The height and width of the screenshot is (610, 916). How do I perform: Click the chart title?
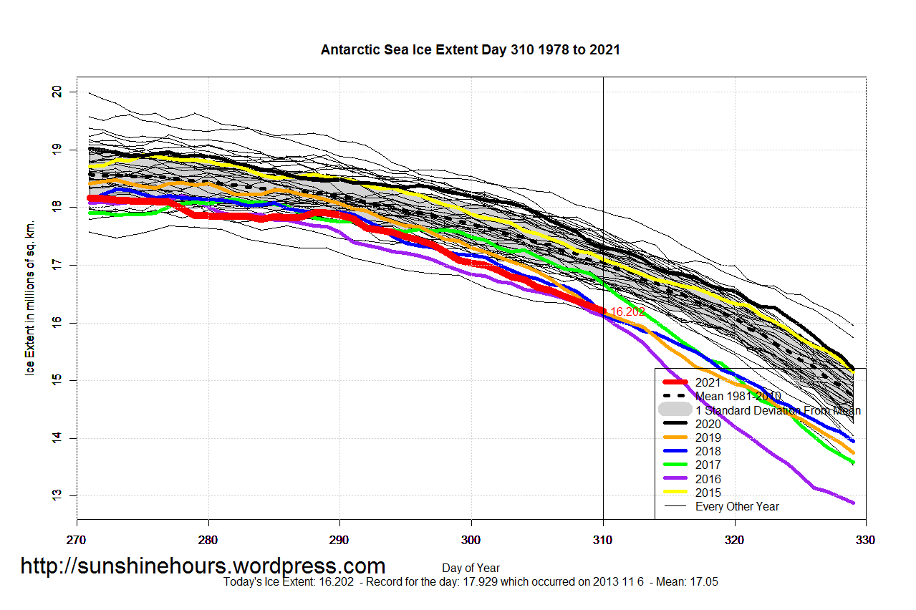[x=470, y=50]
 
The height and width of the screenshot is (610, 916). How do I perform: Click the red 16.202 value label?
[x=627, y=312]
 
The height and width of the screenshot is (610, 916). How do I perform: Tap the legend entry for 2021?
[x=708, y=382]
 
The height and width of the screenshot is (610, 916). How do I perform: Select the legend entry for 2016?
[x=708, y=479]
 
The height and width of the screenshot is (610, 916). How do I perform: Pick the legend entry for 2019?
[x=708, y=437]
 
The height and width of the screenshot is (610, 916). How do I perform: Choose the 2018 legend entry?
[x=708, y=451]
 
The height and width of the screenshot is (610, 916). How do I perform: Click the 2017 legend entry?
[x=708, y=465]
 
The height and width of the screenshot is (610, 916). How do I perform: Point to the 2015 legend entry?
[x=708, y=493]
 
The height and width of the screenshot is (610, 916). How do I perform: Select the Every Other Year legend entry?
[x=737, y=506]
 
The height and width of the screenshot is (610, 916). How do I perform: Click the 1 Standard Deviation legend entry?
[x=778, y=410]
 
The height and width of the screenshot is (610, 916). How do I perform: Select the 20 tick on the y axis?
[x=57, y=92]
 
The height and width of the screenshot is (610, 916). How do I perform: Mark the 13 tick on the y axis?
[x=57, y=495]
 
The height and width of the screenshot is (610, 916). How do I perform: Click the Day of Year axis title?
[x=471, y=568]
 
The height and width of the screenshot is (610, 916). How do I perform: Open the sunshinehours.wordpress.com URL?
[x=203, y=566]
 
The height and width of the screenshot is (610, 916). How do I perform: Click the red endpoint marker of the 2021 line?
[x=602, y=311]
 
